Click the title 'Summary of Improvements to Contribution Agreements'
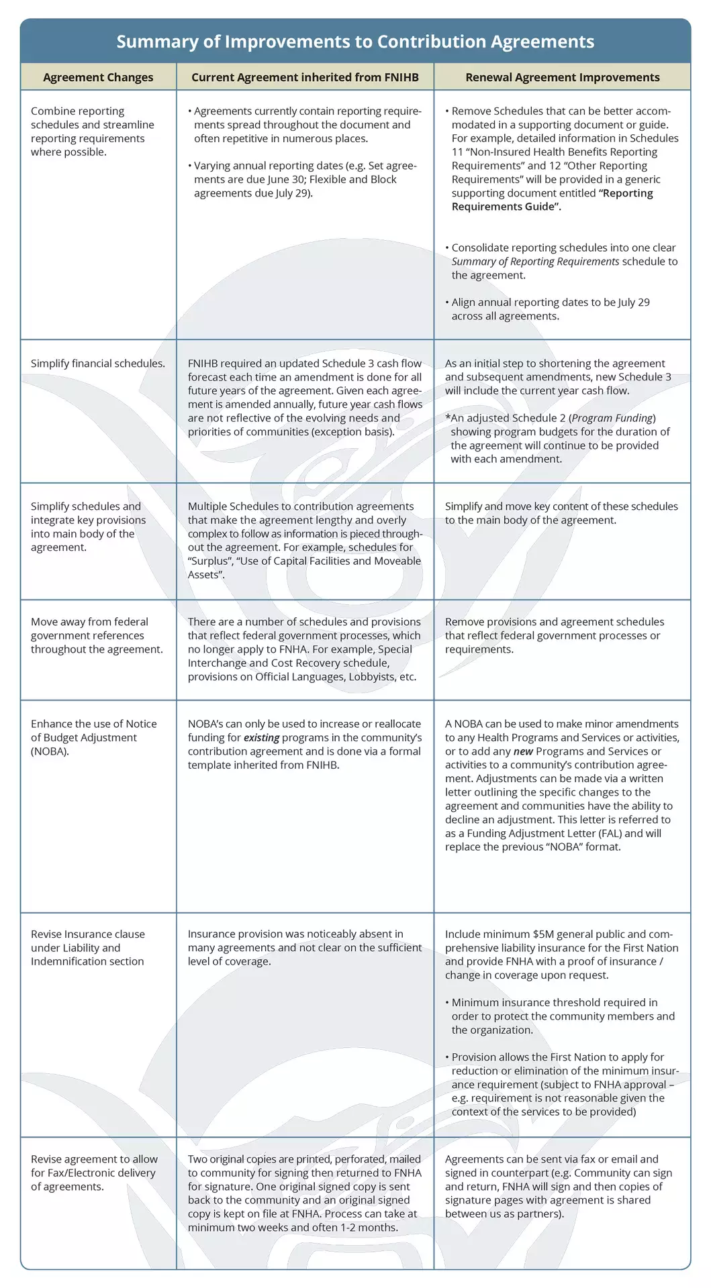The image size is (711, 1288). [x=355, y=42]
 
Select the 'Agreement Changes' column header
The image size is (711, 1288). [x=98, y=77]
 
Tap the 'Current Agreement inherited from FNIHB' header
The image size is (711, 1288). [x=305, y=77]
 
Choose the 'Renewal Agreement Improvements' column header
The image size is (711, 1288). [x=562, y=77]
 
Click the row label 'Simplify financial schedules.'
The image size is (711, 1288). [x=97, y=364]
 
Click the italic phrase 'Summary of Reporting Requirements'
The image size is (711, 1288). [x=535, y=262]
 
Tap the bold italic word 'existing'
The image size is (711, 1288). [x=261, y=738]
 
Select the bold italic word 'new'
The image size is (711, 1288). [x=523, y=751]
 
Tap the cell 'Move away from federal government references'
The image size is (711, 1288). [x=97, y=635]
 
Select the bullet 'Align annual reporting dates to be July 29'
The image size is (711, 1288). [x=550, y=309]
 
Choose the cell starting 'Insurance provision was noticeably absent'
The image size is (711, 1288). [x=304, y=947]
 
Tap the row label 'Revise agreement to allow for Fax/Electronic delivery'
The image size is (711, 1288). [x=94, y=1173]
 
